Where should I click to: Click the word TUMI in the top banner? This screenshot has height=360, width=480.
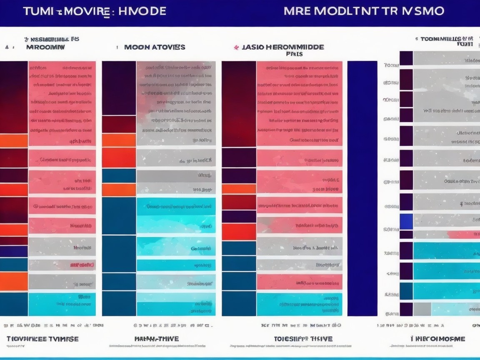(x=38, y=11)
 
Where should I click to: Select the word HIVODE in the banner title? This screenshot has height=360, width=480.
(x=142, y=11)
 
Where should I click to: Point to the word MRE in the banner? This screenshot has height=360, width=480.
(x=297, y=11)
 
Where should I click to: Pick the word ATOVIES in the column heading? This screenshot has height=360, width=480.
(x=169, y=47)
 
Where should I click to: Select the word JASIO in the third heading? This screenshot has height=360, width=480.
(x=252, y=47)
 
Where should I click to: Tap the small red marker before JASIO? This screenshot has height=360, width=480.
(x=236, y=47)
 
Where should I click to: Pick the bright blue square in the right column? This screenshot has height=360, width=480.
(x=406, y=221)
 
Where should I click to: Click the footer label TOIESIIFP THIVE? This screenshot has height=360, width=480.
(x=303, y=339)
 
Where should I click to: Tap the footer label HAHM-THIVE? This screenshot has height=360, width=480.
(x=157, y=339)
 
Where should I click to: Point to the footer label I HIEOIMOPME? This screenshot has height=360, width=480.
(x=437, y=339)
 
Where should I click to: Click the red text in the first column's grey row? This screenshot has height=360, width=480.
(x=82, y=265)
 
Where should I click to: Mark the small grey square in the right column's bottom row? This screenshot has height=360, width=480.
(x=422, y=309)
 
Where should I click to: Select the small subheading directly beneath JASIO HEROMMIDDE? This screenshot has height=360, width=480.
(x=294, y=54)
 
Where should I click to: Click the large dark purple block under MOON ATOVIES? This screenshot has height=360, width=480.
(x=119, y=88)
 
